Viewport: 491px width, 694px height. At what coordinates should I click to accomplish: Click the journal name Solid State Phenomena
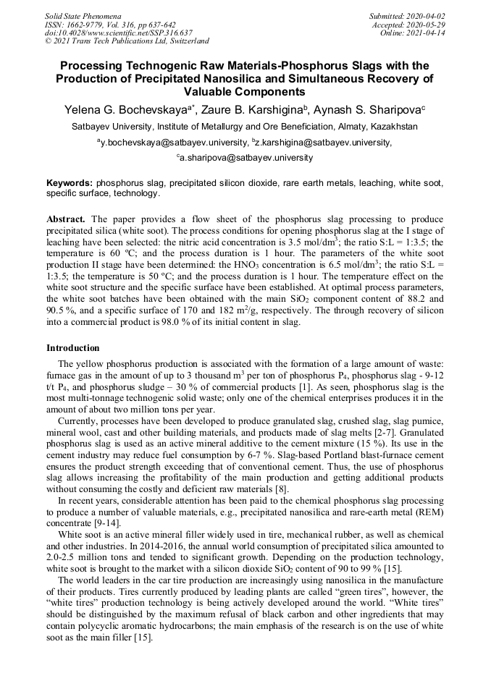tap(83, 15)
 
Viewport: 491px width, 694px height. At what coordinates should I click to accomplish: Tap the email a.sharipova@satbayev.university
tap(246, 157)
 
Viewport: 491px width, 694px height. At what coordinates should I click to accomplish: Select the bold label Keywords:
tap(70, 184)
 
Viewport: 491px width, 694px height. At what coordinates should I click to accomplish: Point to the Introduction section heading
tap(73, 347)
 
